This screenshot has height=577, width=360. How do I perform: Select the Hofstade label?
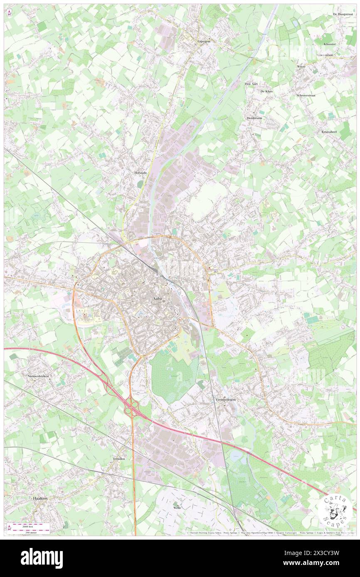tap(141, 172)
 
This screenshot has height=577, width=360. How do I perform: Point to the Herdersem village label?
tap(254, 117)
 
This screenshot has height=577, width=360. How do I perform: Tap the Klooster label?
tap(330, 44)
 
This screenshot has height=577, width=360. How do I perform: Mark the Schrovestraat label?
tap(306, 95)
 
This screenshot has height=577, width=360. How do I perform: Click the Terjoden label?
tap(118, 459)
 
